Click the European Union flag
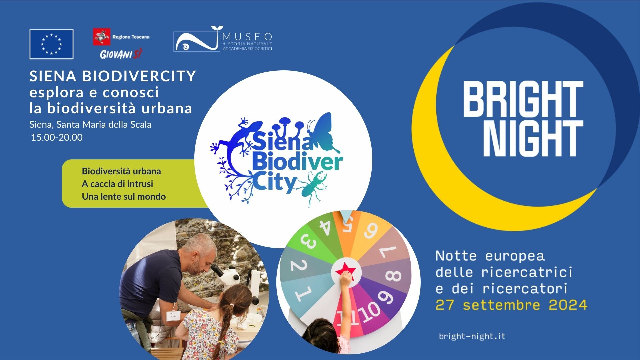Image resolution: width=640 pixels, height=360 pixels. point(51,44)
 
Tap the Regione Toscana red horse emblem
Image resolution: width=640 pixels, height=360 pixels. point(101,37)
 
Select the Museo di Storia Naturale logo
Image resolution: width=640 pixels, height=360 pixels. point(223,39)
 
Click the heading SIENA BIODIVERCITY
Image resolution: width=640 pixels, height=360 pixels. point(113,76)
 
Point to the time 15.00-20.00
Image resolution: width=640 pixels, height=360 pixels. point(57,137)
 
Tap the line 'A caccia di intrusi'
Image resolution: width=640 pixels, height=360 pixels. point(117,184)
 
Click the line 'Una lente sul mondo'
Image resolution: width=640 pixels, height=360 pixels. point(124,196)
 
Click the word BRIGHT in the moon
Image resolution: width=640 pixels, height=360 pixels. point(523,99)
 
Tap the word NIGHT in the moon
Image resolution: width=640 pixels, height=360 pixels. point(533,139)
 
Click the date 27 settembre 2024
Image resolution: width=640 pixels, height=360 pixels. point(511,305)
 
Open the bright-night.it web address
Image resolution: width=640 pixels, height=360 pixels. point(472,336)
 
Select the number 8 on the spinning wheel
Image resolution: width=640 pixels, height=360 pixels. point(393,276)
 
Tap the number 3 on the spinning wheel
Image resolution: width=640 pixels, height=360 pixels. point(309,241)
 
